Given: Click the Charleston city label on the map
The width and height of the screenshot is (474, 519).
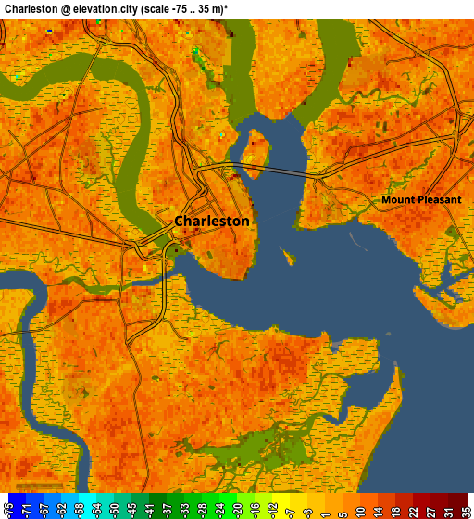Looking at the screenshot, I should tap(212, 222).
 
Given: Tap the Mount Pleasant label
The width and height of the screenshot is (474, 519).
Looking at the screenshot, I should tap(421, 199).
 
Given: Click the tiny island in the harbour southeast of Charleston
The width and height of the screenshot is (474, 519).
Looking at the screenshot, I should tap(289, 256).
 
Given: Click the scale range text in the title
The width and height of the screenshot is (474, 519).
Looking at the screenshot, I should tap(218, 8).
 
